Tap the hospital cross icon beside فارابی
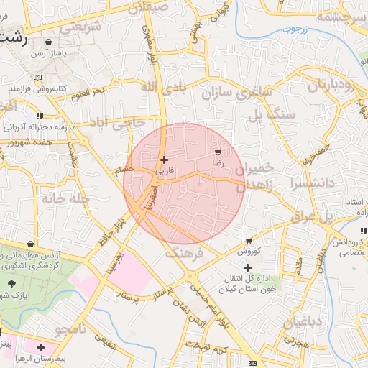coord(165,160)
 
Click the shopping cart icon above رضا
coord(218,153)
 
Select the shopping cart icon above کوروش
coord(249,241)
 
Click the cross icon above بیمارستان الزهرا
coord(49,347)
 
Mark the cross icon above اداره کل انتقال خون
coord(248,267)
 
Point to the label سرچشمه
coord(337,17)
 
